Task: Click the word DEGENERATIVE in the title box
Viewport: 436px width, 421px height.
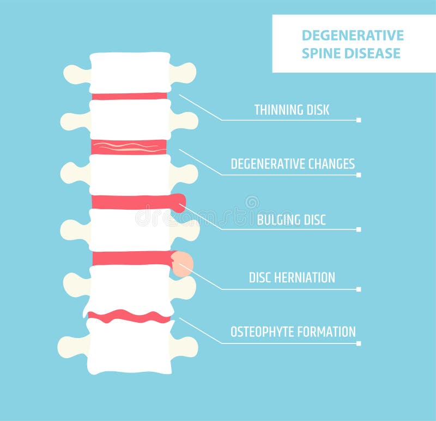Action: point(353,35)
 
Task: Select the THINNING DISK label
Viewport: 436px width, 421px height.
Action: point(292,110)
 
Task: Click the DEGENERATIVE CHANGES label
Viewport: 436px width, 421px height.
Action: point(293,164)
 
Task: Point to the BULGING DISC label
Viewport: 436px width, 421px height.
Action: point(292,220)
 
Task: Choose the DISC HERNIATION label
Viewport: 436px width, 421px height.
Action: point(292,277)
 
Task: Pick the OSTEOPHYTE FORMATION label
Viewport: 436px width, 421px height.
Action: point(293,331)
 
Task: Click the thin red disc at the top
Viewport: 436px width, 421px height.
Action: point(129,96)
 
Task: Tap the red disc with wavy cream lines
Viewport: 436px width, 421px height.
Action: point(129,146)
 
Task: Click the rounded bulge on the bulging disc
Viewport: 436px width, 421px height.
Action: point(178,203)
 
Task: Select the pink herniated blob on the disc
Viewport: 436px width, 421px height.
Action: point(181,262)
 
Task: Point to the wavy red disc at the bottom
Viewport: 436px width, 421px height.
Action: point(129,316)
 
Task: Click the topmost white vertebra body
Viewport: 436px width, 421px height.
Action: point(130,72)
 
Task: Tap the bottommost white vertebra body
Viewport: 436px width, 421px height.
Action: point(130,347)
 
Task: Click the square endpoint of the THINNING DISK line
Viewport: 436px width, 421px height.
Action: point(358,120)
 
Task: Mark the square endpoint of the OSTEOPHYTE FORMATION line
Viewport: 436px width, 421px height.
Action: point(358,343)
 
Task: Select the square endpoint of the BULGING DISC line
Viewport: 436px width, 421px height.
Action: point(358,229)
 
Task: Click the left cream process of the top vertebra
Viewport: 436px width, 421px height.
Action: point(76,74)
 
